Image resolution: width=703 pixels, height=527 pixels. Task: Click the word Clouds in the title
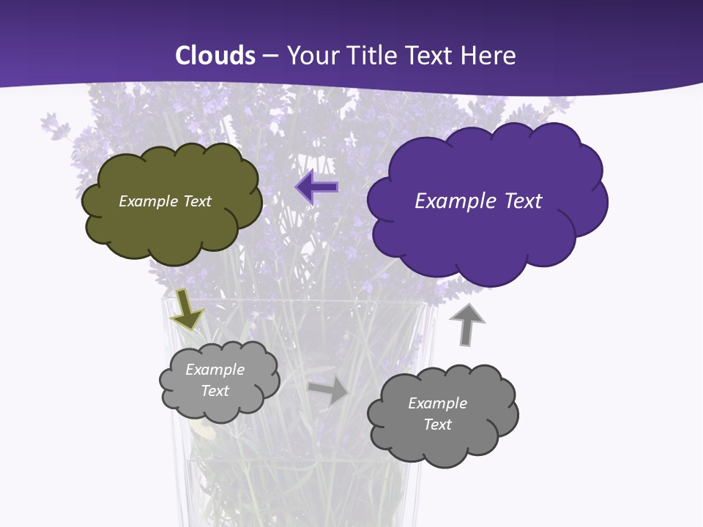(215, 56)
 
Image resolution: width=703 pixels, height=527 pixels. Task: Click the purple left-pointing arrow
(317, 187)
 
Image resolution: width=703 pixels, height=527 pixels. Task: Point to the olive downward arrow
(187, 310)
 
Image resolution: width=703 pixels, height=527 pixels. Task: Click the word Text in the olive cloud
(198, 201)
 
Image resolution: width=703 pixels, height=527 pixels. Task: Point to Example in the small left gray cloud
(215, 370)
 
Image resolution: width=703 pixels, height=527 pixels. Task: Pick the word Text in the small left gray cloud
(215, 391)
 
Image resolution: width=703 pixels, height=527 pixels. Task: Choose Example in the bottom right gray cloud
(437, 403)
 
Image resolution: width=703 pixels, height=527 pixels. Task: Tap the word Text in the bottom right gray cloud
(437, 425)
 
